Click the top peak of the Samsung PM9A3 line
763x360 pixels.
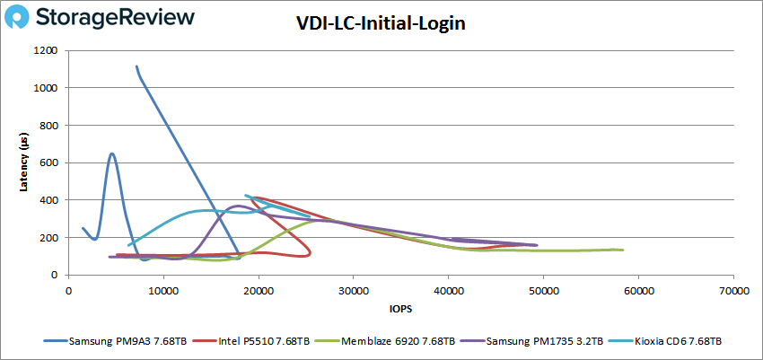point(136,66)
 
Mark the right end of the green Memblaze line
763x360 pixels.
point(622,250)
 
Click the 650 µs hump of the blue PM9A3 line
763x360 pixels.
point(112,154)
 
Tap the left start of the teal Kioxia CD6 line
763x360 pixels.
point(129,244)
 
